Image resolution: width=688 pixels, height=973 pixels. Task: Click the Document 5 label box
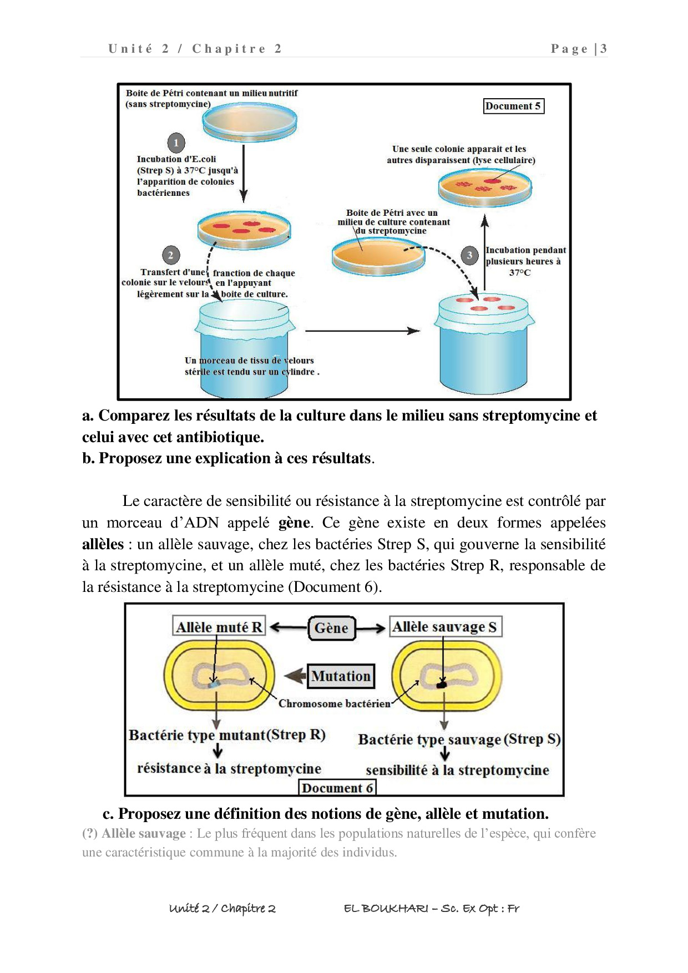point(513,106)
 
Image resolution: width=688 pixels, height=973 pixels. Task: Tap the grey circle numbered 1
point(176,143)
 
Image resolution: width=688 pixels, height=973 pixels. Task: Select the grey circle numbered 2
point(170,255)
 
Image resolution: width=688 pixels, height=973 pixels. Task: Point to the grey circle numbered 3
point(469,255)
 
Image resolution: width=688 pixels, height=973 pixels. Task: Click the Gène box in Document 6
point(332,628)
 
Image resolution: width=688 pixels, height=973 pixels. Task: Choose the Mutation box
point(341,676)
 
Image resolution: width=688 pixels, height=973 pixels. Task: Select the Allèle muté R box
point(219,627)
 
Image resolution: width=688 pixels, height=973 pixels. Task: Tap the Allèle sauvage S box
point(445,627)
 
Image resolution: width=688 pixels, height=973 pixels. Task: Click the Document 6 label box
point(337,788)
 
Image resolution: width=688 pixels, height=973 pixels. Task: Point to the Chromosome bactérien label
point(335,703)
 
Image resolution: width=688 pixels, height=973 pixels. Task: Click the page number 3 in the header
point(603,49)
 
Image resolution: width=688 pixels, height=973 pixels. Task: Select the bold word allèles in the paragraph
point(103,544)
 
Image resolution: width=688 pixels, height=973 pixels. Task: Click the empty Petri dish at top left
point(250,123)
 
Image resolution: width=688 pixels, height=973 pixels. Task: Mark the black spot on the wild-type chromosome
point(442,685)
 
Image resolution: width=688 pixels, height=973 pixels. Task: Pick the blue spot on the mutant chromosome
point(214,685)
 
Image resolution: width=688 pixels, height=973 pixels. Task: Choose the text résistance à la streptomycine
point(229,769)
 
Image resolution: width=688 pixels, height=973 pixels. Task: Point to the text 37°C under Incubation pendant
point(520,272)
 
